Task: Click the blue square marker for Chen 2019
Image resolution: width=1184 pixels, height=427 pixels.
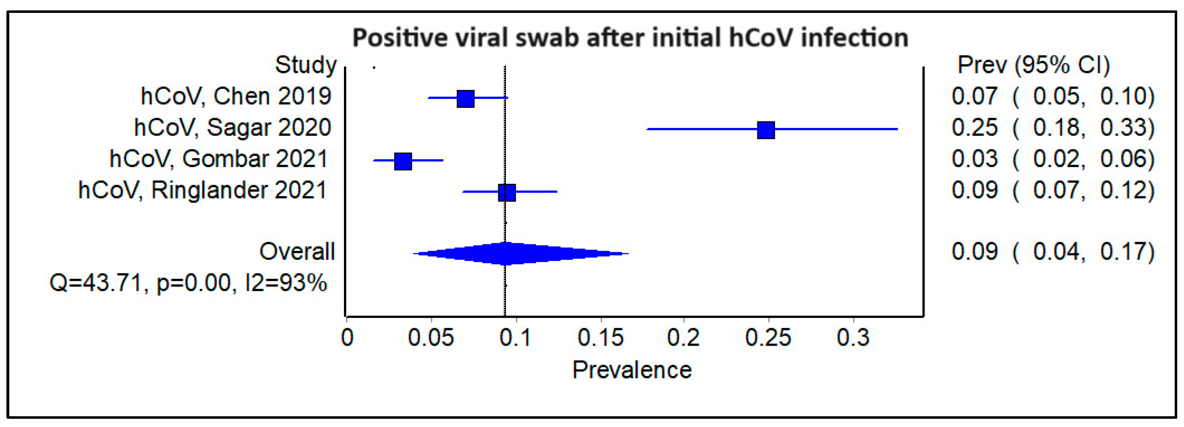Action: pos(465,99)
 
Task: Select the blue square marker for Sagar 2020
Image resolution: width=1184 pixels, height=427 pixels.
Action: pos(766,130)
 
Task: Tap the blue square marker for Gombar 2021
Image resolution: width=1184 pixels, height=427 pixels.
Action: pos(403,161)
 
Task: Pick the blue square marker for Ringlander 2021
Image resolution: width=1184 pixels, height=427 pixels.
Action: pos(507,192)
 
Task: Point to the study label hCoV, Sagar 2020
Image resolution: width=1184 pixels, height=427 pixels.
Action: pos(232,128)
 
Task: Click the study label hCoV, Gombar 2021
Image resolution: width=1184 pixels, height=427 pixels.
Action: pos(219,159)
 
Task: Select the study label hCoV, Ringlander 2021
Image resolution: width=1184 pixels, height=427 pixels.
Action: pos(203,190)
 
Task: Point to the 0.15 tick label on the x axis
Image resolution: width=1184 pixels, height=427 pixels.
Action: pos(600,338)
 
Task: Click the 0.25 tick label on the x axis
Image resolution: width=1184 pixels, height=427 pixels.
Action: pos(768,338)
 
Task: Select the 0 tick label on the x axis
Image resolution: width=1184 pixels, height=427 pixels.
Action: pos(348,338)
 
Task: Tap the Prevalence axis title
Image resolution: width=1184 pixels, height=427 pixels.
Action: pos(632,370)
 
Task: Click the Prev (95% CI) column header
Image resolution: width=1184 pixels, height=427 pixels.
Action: pos(1033,65)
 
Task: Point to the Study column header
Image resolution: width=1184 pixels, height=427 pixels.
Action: pos(306,65)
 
